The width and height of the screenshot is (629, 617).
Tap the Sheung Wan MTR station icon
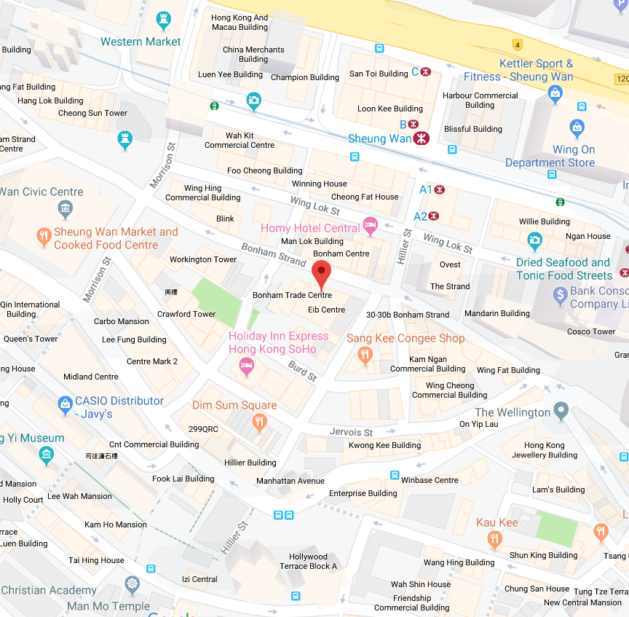click(x=420, y=138)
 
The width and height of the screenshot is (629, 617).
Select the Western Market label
click(x=141, y=42)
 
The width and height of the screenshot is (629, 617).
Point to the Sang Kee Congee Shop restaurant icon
click(x=365, y=355)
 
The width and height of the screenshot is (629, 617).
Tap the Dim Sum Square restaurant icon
click(x=259, y=422)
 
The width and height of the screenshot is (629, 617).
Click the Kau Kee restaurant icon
click(x=495, y=539)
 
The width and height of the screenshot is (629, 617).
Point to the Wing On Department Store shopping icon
click(x=577, y=128)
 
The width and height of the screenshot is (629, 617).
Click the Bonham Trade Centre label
click(x=292, y=295)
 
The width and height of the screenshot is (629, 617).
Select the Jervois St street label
click(x=351, y=432)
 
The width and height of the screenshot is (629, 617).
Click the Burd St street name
click(x=302, y=371)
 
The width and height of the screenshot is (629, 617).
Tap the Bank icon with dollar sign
click(x=560, y=296)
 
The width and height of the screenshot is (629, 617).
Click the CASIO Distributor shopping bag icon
click(x=65, y=403)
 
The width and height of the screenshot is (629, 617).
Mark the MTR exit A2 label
click(x=421, y=216)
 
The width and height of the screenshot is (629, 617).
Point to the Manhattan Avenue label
click(x=290, y=481)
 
